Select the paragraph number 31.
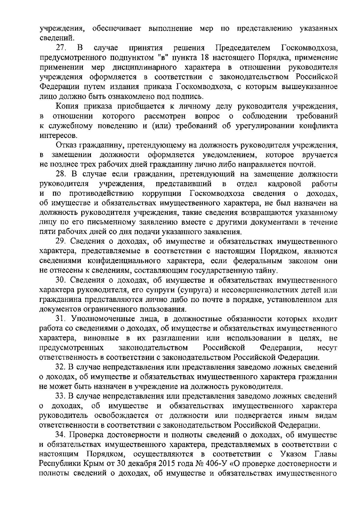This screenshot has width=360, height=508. point(61,319)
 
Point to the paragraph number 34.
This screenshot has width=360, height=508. point(61,435)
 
